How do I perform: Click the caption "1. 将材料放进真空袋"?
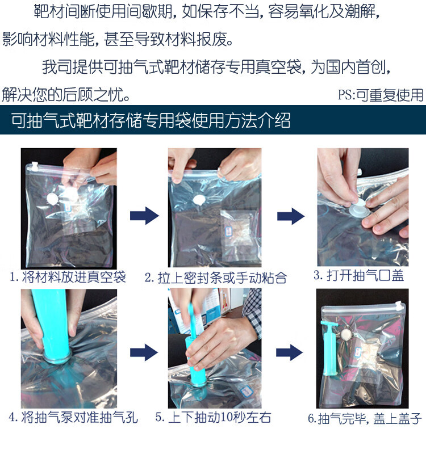click(68, 277)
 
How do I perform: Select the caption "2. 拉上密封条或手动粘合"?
click(216, 278)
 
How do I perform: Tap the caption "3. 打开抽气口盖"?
click(358, 275)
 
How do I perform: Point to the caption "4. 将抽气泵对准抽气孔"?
click(73, 418)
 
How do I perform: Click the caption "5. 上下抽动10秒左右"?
click(214, 418)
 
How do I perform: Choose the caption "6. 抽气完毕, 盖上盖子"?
click(365, 419)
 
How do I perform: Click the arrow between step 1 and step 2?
click(144, 216)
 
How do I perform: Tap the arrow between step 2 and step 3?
click(291, 216)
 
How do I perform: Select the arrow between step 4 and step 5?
click(144, 352)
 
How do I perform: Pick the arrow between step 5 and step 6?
click(289, 352)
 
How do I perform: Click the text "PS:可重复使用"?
click(381, 95)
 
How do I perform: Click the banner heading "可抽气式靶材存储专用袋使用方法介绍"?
click(151, 120)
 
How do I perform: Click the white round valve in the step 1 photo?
click(53, 199)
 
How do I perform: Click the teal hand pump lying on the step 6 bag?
click(329, 347)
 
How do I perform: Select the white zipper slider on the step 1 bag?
click(35, 166)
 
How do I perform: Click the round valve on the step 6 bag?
click(345, 335)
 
